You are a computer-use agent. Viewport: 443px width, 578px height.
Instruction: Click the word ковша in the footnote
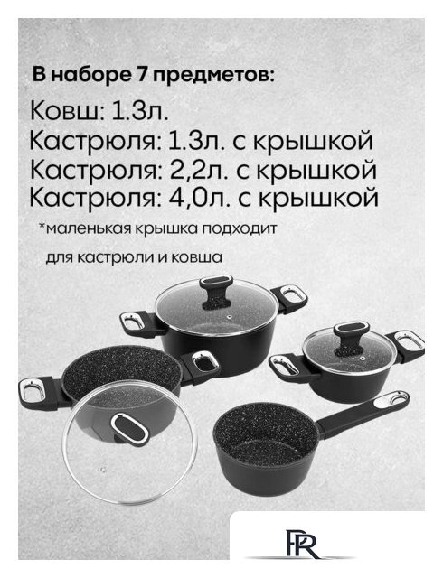pyautogui.click(x=203, y=256)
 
